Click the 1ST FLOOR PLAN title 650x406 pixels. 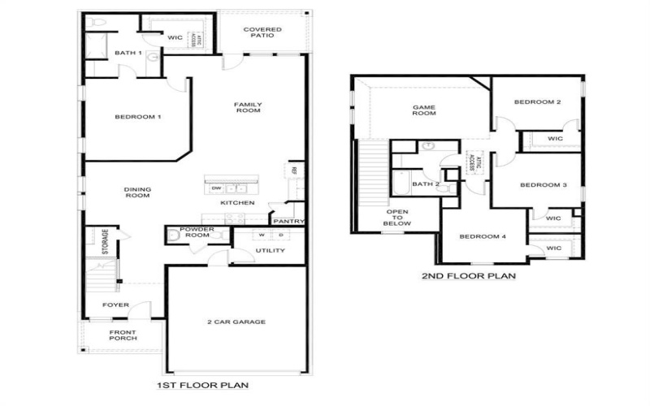point(201,385)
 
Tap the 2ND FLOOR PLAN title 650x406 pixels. point(469,276)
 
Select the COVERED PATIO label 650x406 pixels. point(263,33)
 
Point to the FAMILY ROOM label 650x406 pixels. point(247,107)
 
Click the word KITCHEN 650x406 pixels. point(237,202)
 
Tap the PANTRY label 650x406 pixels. point(288,221)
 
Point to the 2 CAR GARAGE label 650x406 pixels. point(236,322)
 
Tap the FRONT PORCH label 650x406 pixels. point(123,335)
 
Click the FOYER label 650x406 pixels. point(115,305)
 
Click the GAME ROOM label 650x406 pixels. point(424,110)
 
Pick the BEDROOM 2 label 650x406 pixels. point(537,102)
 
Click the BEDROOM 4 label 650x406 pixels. point(483,237)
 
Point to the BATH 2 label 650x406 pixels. point(425,184)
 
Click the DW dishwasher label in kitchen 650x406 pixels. point(215,188)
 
